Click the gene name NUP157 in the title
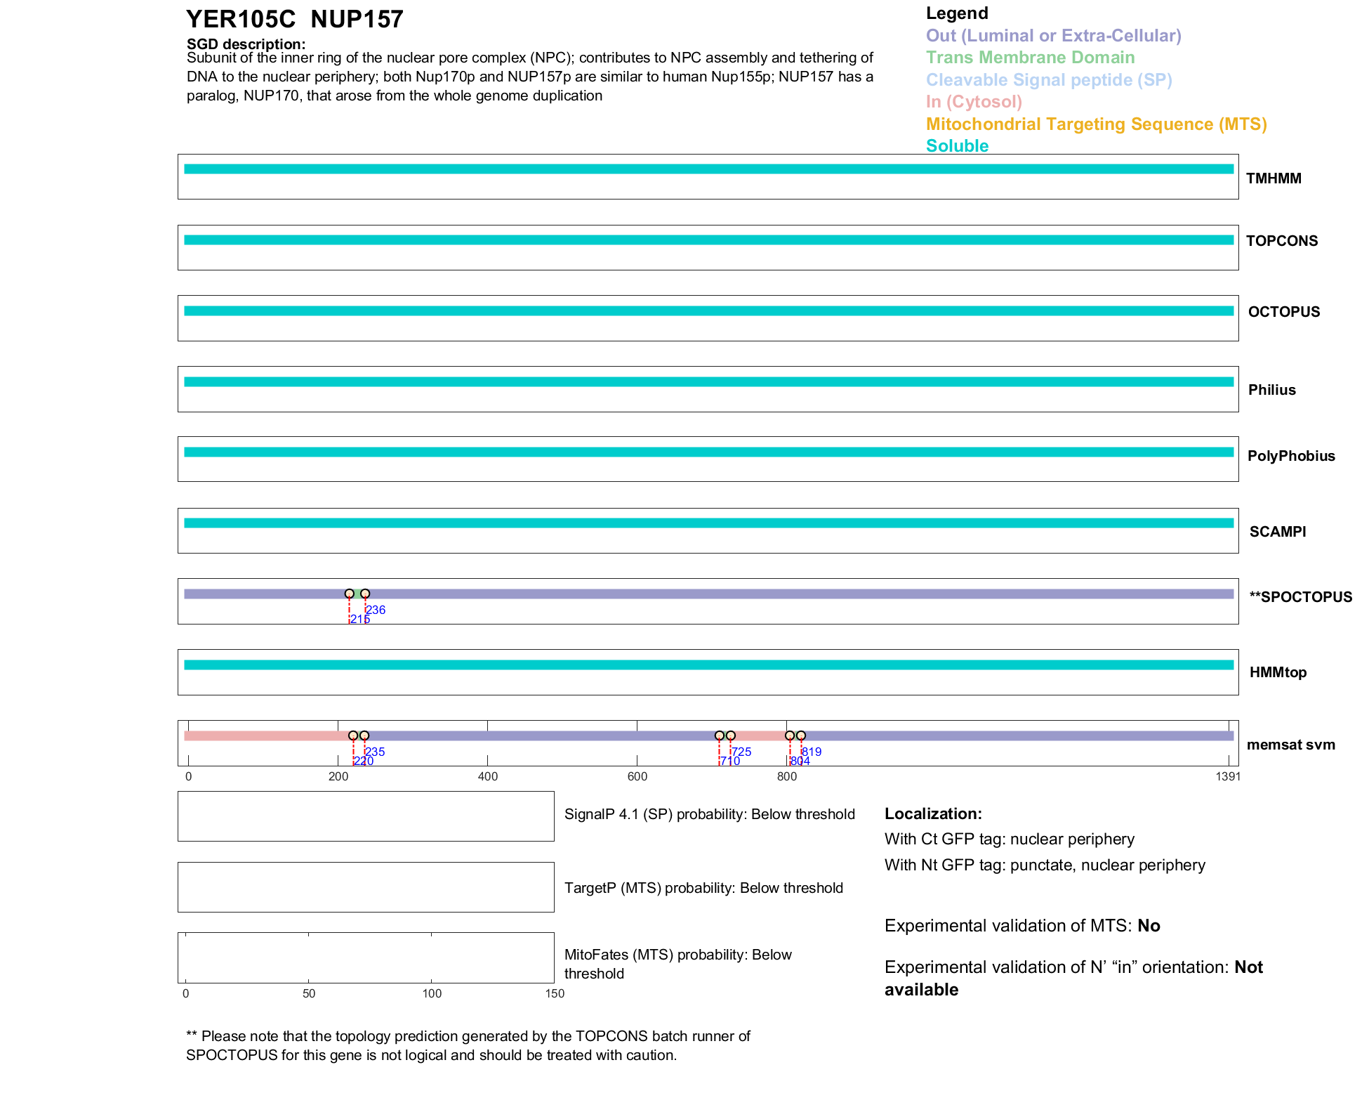pos(357,20)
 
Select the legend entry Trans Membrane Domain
pos(1030,58)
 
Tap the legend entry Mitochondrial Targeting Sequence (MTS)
pos(1096,124)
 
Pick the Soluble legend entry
pos(957,146)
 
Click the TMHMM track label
pos(1273,178)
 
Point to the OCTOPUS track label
pos(1283,312)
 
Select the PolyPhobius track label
pos(1290,456)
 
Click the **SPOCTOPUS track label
pos(1300,597)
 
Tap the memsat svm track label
pos(1290,745)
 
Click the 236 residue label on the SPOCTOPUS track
pos(376,610)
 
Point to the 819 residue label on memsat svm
pos(812,752)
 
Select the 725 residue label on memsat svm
pos(742,752)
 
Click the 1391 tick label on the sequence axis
pos(1228,776)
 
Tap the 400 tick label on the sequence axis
pos(487,776)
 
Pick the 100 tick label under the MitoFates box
pos(432,993)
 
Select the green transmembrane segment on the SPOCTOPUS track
pos(357,594)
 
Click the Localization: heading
pos(933,813)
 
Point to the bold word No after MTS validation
pos(1149,926)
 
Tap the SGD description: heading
pos(246,44)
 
